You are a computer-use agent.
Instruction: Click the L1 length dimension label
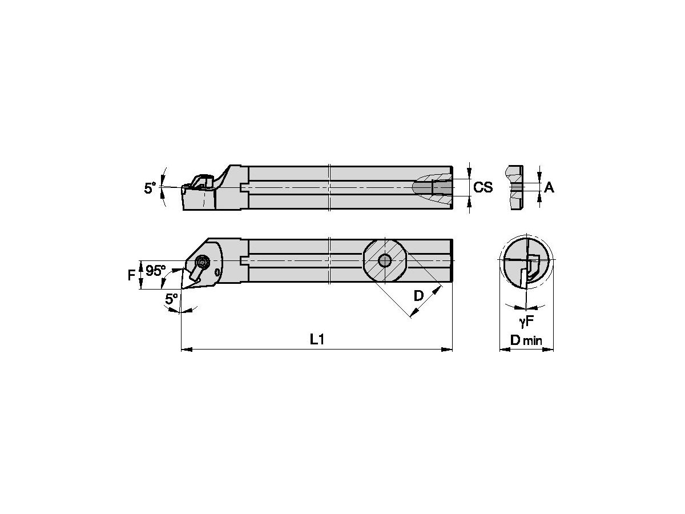(317, 340)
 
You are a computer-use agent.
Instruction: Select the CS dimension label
(483, 187)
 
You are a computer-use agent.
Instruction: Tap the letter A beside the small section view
(549, 187)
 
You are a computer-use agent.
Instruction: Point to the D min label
(526, 341)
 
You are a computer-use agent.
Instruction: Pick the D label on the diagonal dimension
(418, 296)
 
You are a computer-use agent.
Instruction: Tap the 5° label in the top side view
(150, 187)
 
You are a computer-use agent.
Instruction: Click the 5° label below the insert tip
(171, 298)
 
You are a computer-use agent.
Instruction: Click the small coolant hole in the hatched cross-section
(385, 260)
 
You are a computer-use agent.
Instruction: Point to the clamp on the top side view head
(201, 181)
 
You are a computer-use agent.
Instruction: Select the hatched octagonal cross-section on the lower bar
(385, 260)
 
